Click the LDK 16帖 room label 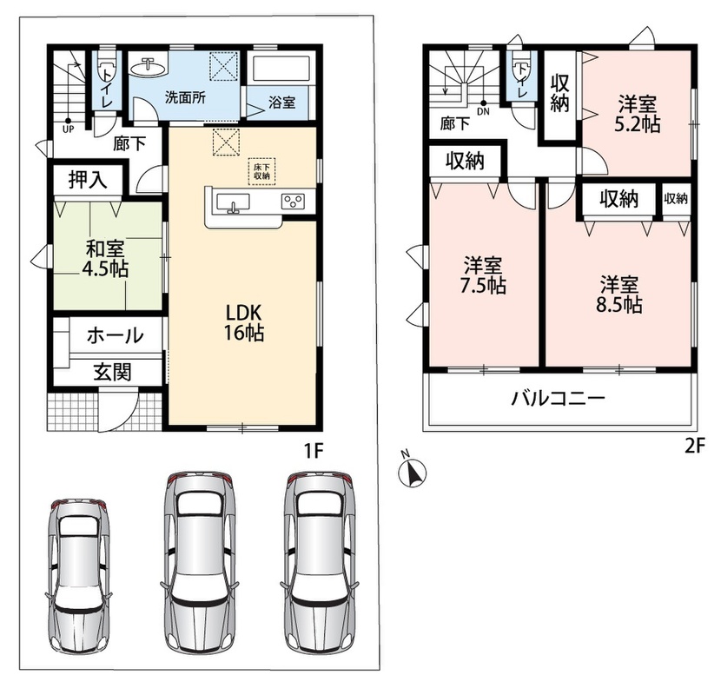pyautogui.click(x=244, y=322)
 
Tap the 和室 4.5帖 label pyautogui.click(x=105, y=259)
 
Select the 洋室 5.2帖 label pyautogui.click(x=638, y=114)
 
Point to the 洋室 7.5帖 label pyautogui.click(x=483, y=275)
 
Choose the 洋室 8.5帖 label pyautogui.click(x=618, y=295)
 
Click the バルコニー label pyautogui.click(x=559, y=399)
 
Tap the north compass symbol pyautogui.click(x=412, y=471)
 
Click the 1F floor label pyautogui.click(x=314, y=452)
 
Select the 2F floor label pyautogui.click(x=695, y=446)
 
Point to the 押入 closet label pyautogui.click(x=88, y=179)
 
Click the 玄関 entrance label pyautogui.click(x=113, y=372)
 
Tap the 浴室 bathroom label pyautogui.click(x=281, y=103)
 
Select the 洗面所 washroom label pyautogui.click(x=185, y=98)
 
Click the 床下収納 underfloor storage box pyautogui.click(x=261, y=171)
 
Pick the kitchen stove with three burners pyautogui.click(x=294, y=201)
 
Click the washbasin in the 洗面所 pyautogui.click(x=148, y=67)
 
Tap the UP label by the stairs pyautogui.click(x=68, y=129)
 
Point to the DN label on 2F pyautogui.click(x=483, y=111)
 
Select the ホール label pyautogui.click(x=116, y=335)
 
